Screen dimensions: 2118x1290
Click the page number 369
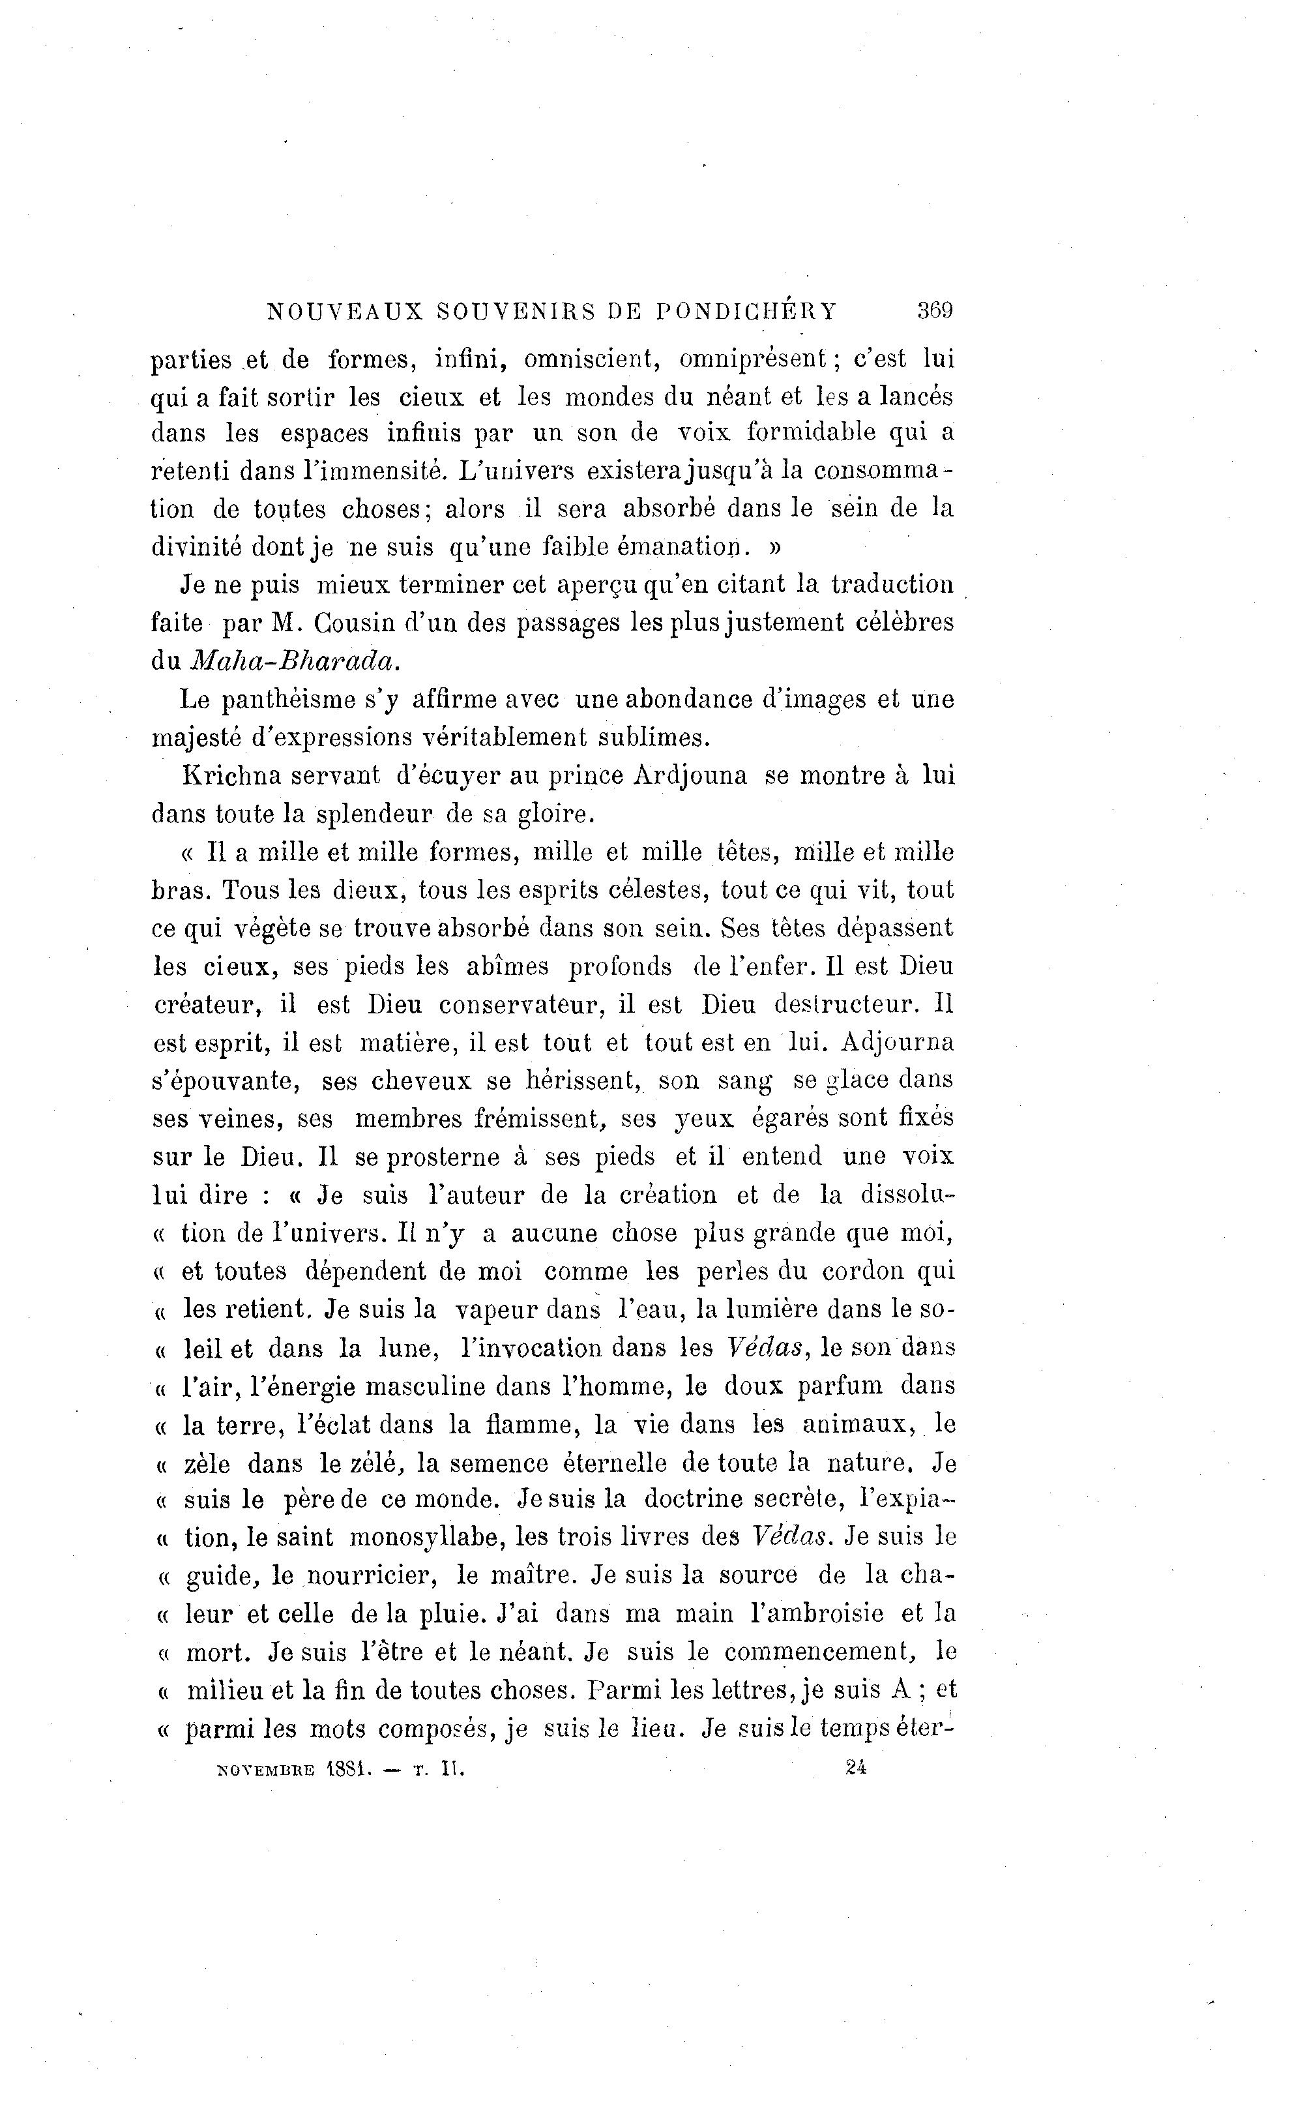[x=934, y=310]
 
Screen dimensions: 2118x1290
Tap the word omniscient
[x=592, y=359]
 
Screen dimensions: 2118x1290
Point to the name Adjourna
[x=897, y=1043]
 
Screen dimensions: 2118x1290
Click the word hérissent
[x=583, y=1081]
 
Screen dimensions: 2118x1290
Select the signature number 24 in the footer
[x=855, y=1767]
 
